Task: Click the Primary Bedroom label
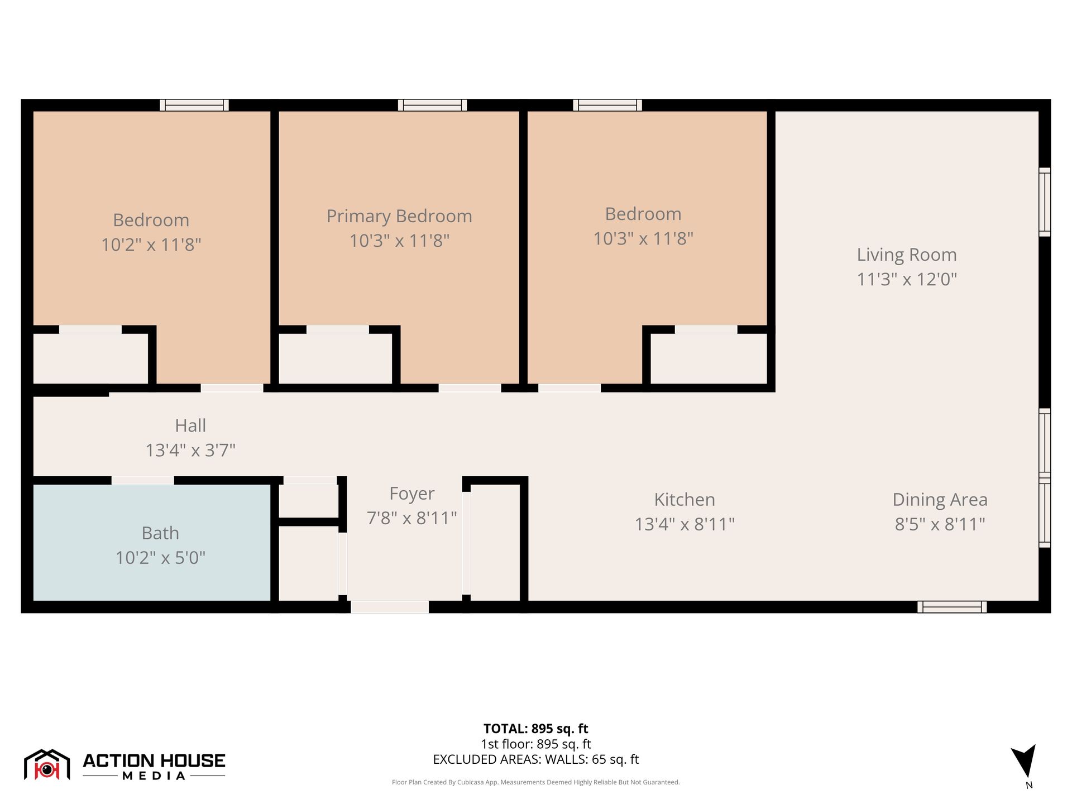point(399,216)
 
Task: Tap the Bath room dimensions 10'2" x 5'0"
point(160,558)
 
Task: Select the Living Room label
point(907,255)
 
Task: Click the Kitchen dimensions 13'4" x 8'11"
point(685,524)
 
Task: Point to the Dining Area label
point(940,500)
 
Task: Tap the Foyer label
point(411,494)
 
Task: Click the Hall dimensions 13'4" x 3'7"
point(190,450)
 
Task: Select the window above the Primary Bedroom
point(432,105)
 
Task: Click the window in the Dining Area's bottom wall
point(952,607)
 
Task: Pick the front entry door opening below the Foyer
point(390,607)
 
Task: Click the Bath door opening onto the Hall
point(143,480)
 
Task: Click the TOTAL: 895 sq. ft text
point(535,729)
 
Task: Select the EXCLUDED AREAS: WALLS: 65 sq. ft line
point(535,759)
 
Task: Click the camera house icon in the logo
point(47,765)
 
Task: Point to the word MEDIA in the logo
point(154,776)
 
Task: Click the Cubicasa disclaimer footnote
point(535,782)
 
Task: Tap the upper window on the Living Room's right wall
point(1044,202)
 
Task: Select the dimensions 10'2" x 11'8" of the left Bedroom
point(151,245)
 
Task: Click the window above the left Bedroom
point(194,105)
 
